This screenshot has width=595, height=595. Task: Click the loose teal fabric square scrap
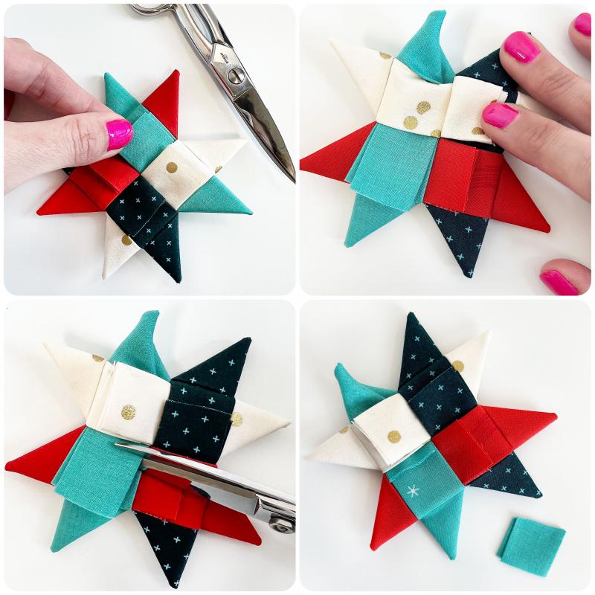point(531,547)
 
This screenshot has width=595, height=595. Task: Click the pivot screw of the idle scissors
point(236,74)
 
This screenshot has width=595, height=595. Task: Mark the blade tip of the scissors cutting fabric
point(119,446)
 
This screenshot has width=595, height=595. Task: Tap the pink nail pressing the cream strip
point(500,115)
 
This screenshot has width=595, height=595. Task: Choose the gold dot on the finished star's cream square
point(392,437)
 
